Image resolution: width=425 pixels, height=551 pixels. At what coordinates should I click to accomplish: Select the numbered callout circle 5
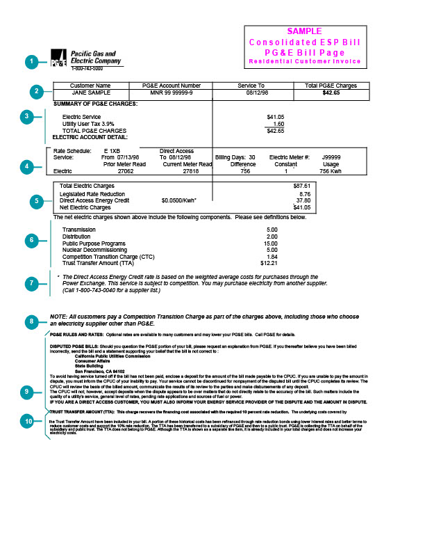[38, 200]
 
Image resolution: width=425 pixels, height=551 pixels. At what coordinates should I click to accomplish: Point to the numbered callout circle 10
[29, 421]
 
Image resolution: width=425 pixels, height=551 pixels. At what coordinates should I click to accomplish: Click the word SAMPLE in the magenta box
[305, 31]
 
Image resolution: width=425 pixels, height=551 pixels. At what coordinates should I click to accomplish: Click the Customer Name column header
[91, 85]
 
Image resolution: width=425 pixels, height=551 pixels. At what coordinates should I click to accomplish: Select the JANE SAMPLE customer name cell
[91, 92]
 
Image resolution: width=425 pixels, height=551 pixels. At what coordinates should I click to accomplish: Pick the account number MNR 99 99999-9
[172, 92]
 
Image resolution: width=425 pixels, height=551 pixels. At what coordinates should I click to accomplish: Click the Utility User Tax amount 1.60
[278, 123]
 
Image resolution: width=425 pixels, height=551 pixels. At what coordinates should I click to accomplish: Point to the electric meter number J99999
[331, 157]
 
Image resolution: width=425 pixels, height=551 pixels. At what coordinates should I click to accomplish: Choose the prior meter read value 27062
[126, 170]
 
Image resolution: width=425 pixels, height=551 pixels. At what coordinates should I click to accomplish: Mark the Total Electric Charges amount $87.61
[302, 186]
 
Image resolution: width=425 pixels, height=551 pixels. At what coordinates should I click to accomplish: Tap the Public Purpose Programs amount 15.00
[271, 243]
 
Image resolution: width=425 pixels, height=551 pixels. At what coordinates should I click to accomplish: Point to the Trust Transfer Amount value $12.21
[269, 264]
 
